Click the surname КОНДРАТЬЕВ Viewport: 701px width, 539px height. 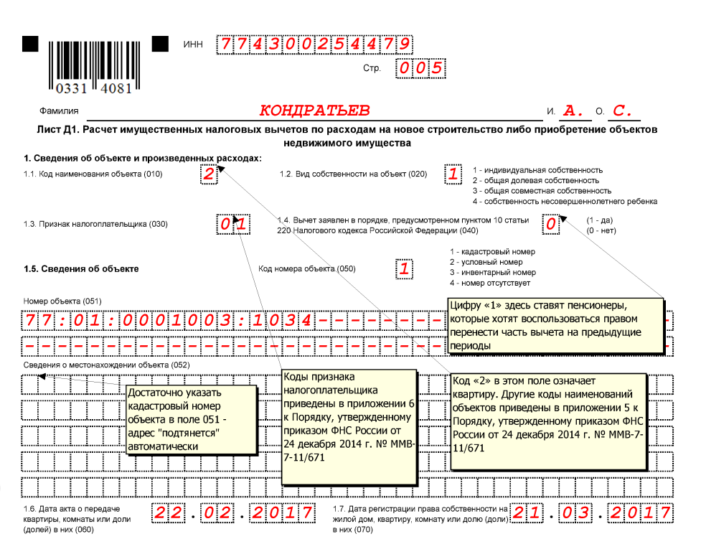[x=314, y=111]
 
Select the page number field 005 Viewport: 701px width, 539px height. [x=420, y=68]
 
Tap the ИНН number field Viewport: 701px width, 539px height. [x=316, y=44]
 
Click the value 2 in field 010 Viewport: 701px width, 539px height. [x=208, y=174]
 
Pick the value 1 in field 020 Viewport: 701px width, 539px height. [x=453, y=174]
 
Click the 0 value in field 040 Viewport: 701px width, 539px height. [x=550, y=224]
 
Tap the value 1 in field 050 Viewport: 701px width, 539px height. [x=405, y=269]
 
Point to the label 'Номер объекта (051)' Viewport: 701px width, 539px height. [x=63, y=301]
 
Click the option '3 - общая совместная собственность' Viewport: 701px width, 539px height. [x=542, y=191]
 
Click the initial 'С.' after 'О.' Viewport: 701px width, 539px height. [x=624, y=111]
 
